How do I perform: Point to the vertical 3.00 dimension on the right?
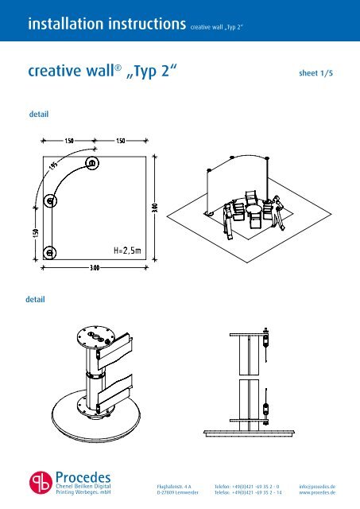[154, 208]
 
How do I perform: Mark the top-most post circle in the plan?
[93, 164]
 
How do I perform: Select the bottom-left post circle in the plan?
[49, 252]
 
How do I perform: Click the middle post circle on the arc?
[51, 201]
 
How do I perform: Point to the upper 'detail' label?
[39, 115]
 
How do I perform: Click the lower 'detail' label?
[35, 301]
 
